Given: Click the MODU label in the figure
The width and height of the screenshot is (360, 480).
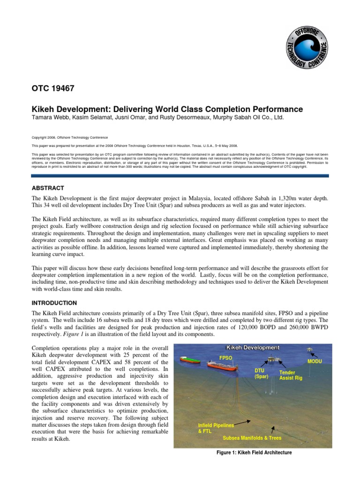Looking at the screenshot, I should (x=315, y=361).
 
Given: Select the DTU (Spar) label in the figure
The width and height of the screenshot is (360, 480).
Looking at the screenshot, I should (x=260, y=374).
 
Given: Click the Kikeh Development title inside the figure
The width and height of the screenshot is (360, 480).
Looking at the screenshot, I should (x=253, y=347).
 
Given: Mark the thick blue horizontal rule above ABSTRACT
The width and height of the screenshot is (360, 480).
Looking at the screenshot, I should (x=180, y=176).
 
